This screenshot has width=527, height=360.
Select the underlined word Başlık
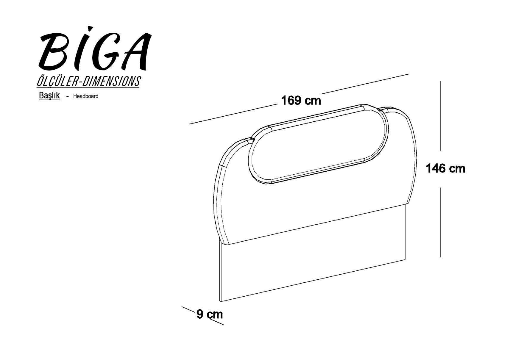click(49, 96)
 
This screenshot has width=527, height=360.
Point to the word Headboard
click(86, 96)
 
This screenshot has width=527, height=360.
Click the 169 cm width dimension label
click(301, 101)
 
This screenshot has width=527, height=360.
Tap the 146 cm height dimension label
click(445, 169)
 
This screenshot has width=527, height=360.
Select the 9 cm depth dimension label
click(210, 314)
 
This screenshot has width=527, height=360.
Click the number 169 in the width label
click(290, 101)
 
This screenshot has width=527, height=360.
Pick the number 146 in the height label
click(435, 169)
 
